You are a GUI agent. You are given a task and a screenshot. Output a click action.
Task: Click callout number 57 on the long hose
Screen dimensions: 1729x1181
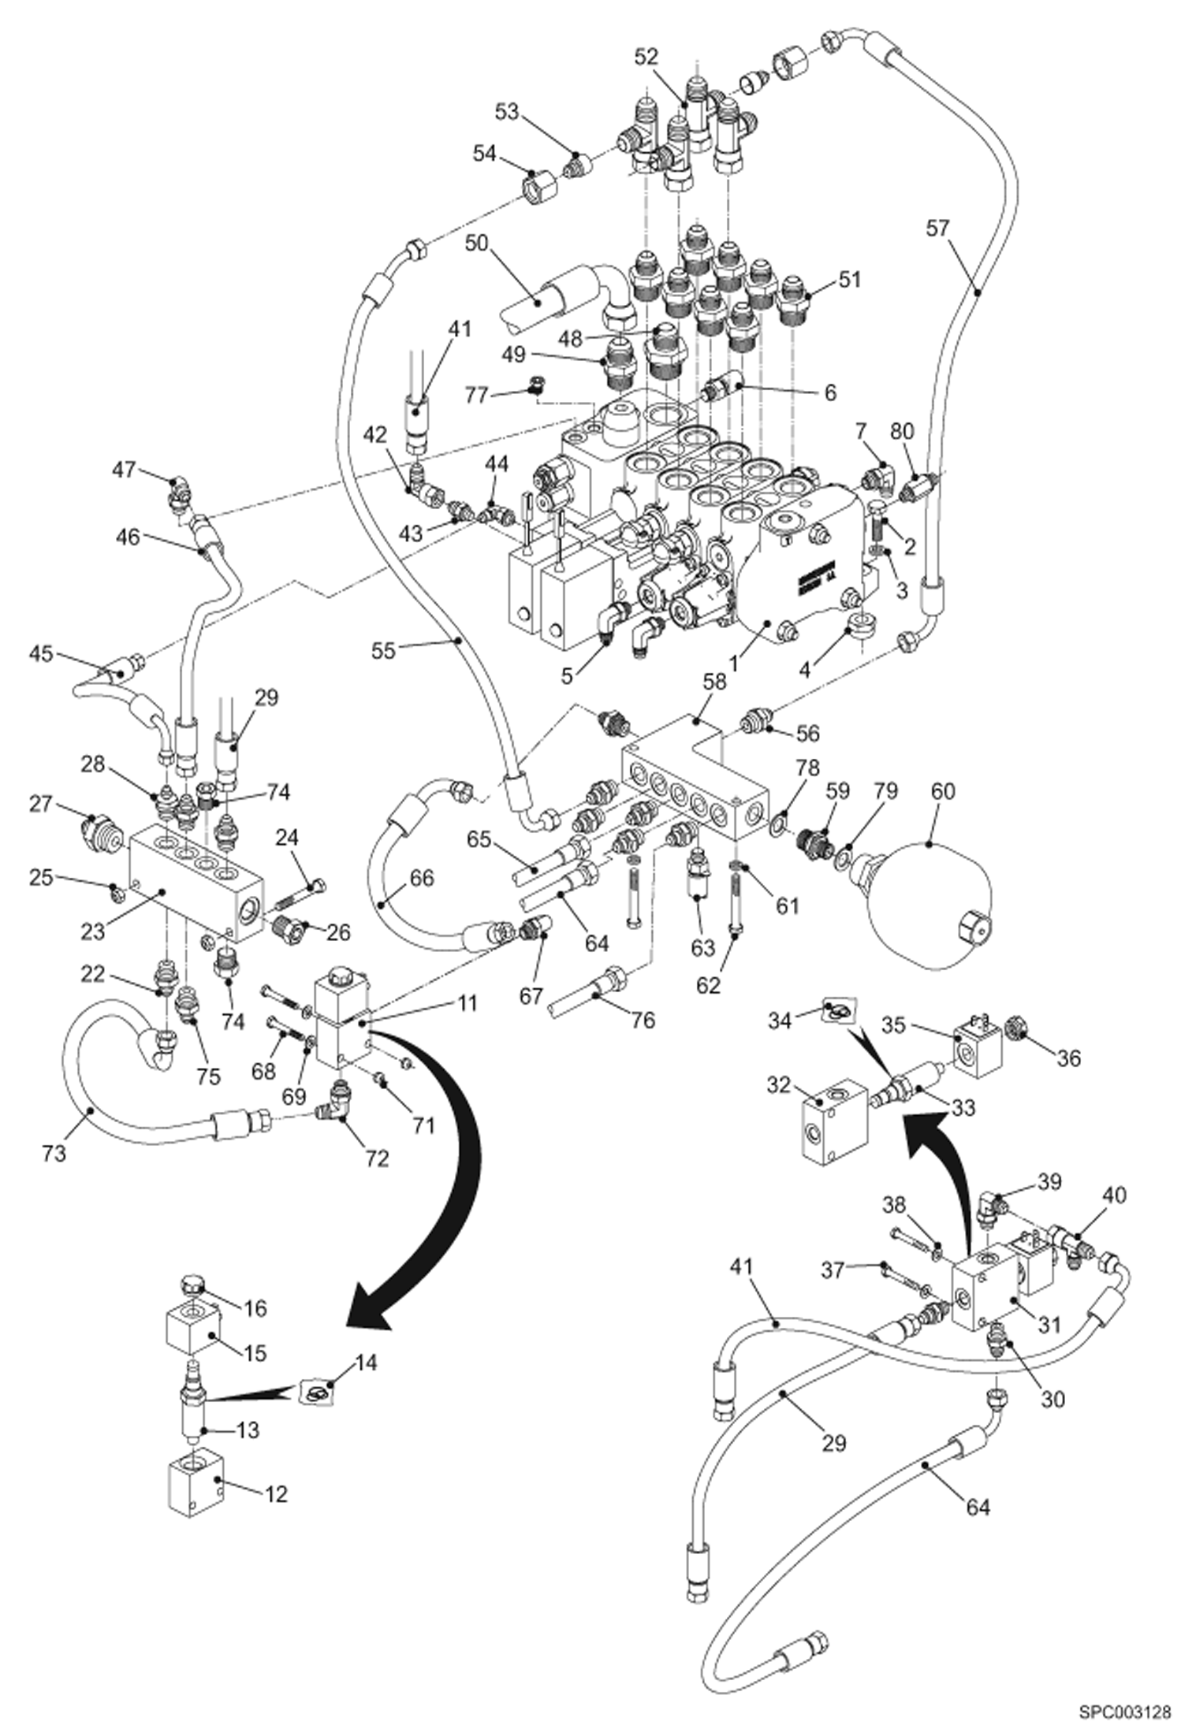tap(938, 229)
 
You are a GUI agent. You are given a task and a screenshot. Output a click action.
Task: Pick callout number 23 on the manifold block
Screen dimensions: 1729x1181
tap(93, 931)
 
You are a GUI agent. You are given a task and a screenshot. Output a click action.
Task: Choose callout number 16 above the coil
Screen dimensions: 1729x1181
tap(255, 1307)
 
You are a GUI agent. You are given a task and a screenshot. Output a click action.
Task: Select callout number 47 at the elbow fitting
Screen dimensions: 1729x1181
tap(124, 470)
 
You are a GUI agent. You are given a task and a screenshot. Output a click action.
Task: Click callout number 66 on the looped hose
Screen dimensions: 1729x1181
tap(423, 877)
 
